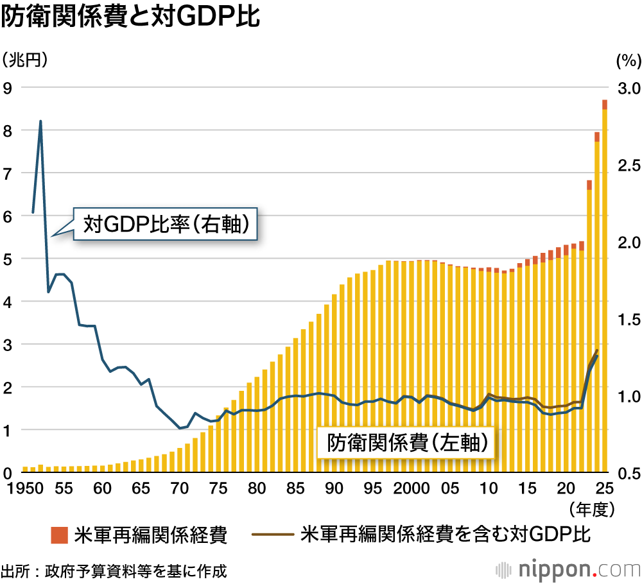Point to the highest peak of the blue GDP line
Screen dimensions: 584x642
click(40, 121)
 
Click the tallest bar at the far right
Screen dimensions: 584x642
click(605, 289)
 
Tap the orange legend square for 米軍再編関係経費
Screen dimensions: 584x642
click(60, 535)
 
